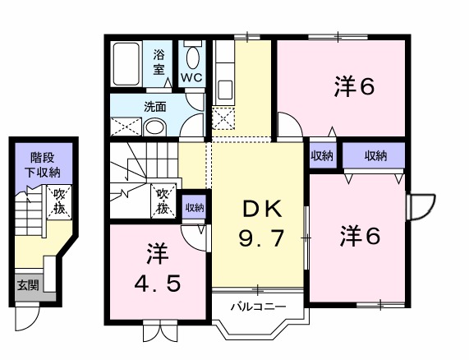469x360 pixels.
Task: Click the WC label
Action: click(191, 78)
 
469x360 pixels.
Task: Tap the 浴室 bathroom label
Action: click(159, 62)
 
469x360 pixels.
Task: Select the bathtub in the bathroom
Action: click(126, 63)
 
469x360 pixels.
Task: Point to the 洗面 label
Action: click(155, 107)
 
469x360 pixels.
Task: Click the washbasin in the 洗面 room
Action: click(154, 127)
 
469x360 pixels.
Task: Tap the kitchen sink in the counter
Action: click(225, 90)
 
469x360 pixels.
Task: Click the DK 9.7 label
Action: click(261, 223)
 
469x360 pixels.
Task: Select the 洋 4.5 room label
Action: click(158, 268)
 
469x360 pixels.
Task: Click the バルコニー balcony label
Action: click(259, 307)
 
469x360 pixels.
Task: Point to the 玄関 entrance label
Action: click(28, 285)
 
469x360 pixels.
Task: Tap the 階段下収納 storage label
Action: click(43, 165)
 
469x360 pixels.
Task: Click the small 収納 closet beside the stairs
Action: click(195, 207)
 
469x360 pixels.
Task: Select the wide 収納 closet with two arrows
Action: click(374, 155)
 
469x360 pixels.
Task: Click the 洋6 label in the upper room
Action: click(354, 86)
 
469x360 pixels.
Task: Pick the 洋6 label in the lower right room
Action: click(360, 236)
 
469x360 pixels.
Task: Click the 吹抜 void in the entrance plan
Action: click(59, 202)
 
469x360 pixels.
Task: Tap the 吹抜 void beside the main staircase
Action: click(163, 201)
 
